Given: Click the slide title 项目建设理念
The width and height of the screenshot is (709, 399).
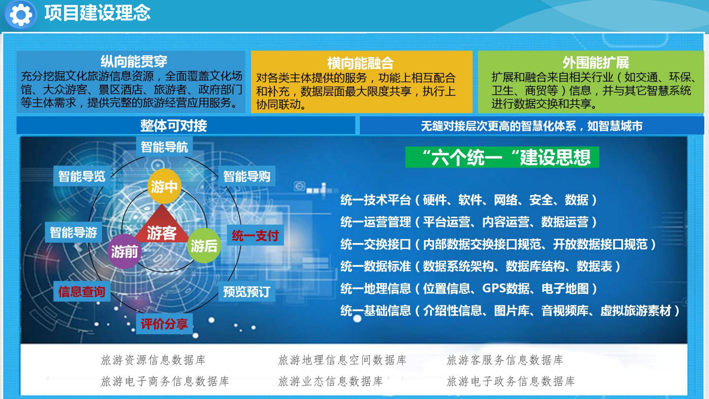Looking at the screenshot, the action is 97,13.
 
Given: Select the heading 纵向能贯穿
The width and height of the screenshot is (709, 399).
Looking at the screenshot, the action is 134,61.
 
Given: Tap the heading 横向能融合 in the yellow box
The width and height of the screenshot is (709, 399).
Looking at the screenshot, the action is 360,63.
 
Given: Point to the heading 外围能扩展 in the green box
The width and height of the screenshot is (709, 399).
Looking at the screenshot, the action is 596,62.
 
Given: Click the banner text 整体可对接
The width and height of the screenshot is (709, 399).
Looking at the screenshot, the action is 174,126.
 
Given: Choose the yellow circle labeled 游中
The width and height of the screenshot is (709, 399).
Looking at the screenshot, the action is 164,186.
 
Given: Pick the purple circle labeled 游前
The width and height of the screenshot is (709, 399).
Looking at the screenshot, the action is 124,252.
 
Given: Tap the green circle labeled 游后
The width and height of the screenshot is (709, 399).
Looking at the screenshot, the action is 204,245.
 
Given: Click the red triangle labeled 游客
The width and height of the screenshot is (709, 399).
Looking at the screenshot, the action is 162,224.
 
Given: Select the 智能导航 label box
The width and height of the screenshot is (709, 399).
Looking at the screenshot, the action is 165,147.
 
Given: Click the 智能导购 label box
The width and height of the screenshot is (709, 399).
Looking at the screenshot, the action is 247,176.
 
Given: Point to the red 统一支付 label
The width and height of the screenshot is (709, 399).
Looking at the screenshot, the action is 255,235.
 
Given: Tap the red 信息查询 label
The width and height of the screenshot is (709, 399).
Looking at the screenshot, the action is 82,291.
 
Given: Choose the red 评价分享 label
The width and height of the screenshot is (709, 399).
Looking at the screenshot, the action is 164,324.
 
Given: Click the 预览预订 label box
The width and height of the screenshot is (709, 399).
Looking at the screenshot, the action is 247,291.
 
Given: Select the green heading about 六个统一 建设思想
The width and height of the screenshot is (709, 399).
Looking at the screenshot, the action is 502,157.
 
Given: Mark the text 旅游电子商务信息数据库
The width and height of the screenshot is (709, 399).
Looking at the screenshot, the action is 165,381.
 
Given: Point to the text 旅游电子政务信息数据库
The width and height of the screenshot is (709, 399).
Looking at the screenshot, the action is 511,381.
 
